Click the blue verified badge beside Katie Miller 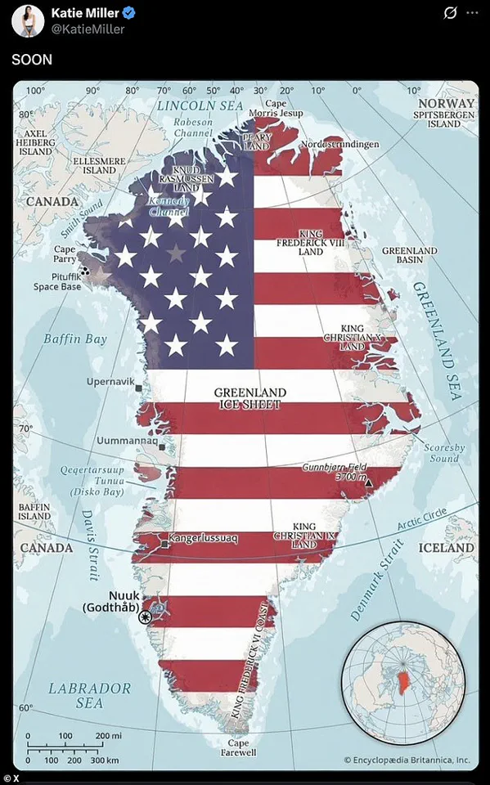pos(128,13)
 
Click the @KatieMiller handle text pos(88,29)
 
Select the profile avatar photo pos(27,20)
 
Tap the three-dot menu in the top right pos(471,13)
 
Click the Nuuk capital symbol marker pos(146,617)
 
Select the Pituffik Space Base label pos(57,281)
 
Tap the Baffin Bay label pos(75,339)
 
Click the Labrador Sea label pos(89,695)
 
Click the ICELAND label pos(447,548)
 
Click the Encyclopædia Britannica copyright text pos(407,760)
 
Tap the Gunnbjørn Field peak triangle pos(368,483)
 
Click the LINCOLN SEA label pos(200,105)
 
